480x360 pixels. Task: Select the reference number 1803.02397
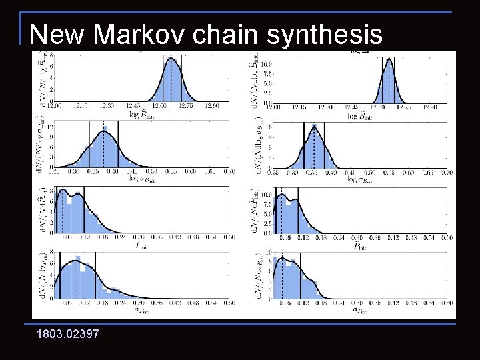click(69, 333)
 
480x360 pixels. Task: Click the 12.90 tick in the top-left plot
click(213, 105)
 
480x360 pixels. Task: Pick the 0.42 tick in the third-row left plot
click(174, 237)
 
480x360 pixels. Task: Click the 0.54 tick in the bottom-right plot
click(427, 303)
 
